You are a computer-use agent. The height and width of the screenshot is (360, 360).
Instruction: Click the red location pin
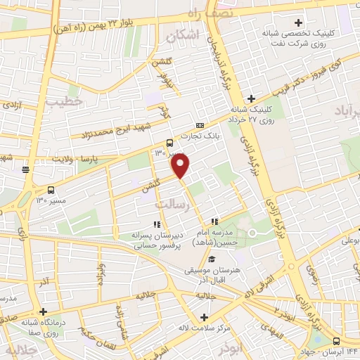click(181, 166)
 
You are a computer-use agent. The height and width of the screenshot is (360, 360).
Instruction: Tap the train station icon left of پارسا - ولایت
click(25, 169)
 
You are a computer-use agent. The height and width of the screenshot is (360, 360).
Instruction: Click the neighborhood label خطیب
click(65, 101)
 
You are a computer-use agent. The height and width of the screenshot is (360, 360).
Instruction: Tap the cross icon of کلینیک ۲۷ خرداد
click(250, 98)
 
